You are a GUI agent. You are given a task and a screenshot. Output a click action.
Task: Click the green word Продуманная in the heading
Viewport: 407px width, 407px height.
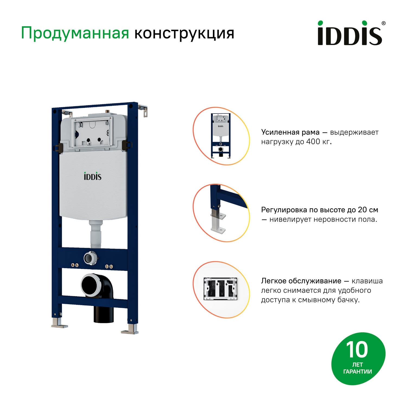coord(75,33)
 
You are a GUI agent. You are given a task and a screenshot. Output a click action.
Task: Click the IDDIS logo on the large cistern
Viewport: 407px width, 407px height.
coord(93,176)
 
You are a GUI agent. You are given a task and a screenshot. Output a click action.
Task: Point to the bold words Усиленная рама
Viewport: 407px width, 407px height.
coord(290,132)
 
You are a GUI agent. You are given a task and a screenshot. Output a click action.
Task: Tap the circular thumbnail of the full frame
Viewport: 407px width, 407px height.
coord(221,136)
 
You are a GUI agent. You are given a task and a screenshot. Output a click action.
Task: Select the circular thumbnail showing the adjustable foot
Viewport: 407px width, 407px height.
coord(221,213)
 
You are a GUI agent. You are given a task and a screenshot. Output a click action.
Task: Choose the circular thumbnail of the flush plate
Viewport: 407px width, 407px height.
coord(221,289)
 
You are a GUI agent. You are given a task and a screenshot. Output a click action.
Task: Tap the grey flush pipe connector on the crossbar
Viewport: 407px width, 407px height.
coord(89,258)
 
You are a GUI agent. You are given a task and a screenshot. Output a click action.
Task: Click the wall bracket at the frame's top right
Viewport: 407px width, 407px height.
coord(144,110)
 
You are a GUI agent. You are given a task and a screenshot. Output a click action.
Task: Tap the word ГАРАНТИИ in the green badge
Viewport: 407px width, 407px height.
coord(358,371)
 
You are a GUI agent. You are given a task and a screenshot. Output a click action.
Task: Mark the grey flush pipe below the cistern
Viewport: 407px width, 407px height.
coord(96,233)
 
